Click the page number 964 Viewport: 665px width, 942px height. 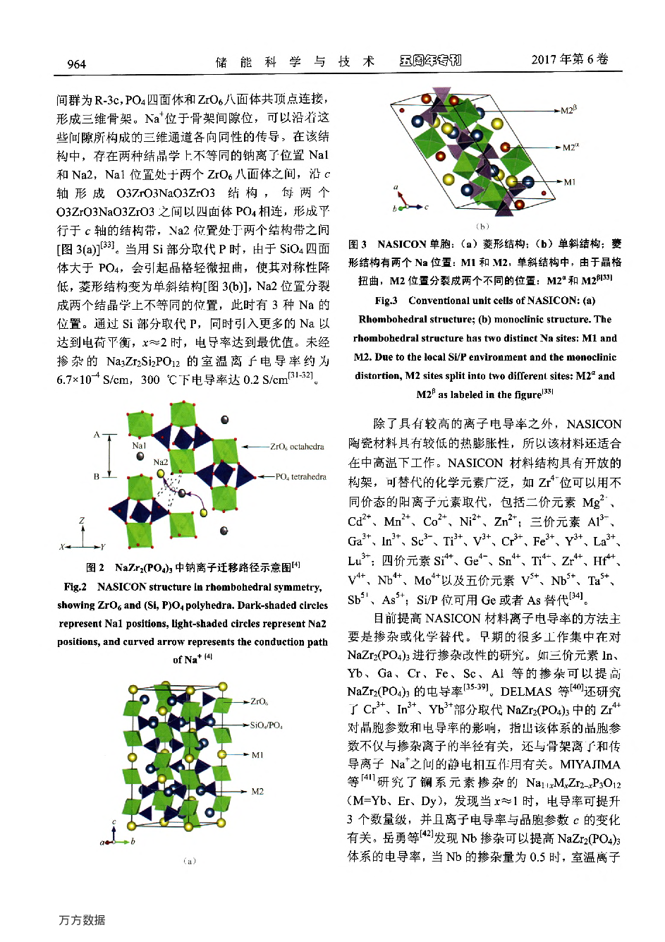[x=76, y=64]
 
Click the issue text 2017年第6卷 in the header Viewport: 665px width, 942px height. [x=570, y=59]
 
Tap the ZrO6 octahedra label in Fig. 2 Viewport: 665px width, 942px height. [x=297, y=447]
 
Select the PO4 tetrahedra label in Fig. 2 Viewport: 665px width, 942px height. [x=301, y=477]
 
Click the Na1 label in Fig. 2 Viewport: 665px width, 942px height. [x=139, y=446]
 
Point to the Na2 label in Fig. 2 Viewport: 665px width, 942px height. [x=161, y=462]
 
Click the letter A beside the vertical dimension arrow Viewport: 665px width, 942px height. [x=97, y=435]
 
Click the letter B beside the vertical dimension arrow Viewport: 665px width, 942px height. [x=97, y=476]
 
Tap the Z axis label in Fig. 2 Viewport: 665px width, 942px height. [x=82, y=521]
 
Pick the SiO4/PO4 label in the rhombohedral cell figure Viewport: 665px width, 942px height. [x=267, y=725]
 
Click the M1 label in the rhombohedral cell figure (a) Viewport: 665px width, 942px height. [x=257, y=755]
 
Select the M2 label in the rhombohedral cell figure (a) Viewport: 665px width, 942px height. [x=257, y=791]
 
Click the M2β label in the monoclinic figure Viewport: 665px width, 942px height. [x=569, y=110]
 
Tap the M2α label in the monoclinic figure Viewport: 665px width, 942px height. [x=571, y=147]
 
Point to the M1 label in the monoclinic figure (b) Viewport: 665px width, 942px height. [x=569, y=182]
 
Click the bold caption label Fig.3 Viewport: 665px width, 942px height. [x=386, y=301]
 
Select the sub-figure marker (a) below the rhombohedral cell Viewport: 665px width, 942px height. [x=189, y=861]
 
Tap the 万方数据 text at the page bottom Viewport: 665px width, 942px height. [x=82, y=920]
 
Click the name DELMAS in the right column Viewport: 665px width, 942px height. [x=526, y=692]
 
